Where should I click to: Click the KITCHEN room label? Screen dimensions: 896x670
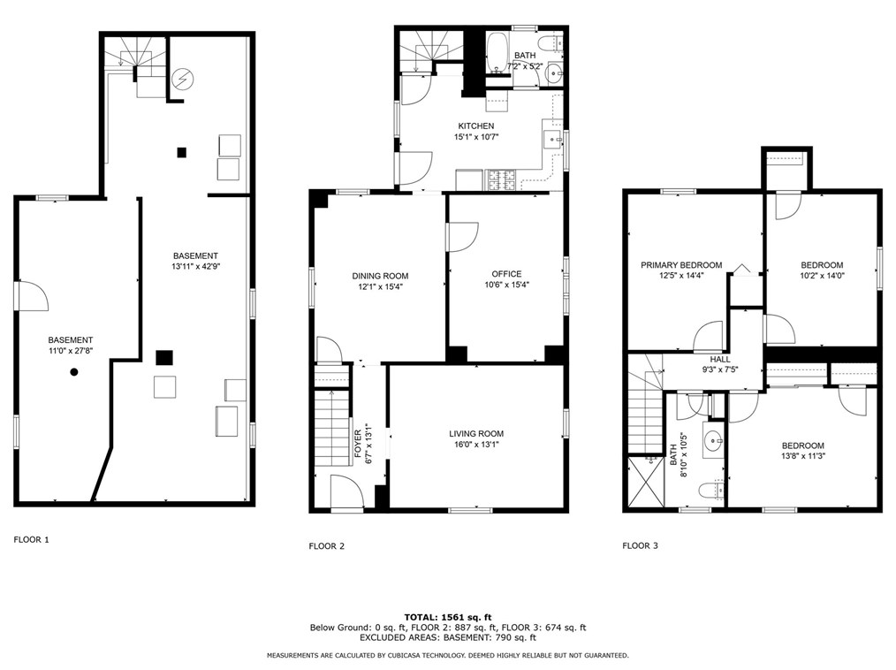click(476, 126)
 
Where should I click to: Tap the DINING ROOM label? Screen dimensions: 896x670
click(380, 276)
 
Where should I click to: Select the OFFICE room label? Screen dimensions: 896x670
click(506, 274)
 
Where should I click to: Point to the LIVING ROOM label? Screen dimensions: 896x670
click(476, 434)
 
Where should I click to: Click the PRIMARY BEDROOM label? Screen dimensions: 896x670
click(681, 265)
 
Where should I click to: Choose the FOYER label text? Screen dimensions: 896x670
click(358, 443)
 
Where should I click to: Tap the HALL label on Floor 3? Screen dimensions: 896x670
click(720, 360)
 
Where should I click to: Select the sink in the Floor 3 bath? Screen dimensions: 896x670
click(712, 440)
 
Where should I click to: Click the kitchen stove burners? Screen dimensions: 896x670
click(501, 180)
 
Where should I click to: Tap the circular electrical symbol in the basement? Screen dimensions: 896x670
click(183, 79)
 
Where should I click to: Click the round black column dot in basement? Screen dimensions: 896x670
click(73, 372)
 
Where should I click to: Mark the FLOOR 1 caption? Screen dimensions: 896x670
click(32, 540)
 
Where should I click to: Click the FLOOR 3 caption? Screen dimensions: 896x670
click(640, 546)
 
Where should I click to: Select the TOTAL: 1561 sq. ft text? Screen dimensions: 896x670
click(448, 617)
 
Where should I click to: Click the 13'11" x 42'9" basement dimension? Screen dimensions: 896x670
click(195, 266)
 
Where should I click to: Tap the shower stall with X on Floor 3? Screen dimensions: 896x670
click(646, 482)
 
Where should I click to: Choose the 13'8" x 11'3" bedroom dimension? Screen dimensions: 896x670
click(803, 456)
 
